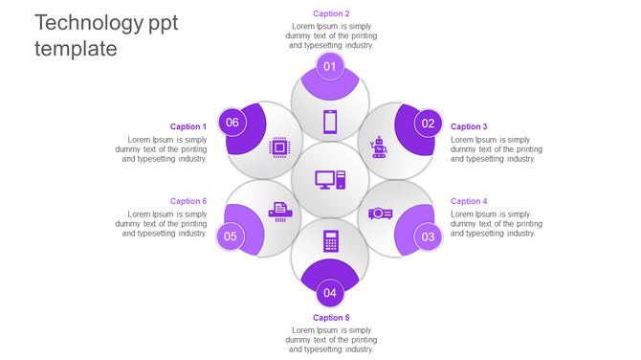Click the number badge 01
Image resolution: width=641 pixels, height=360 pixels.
click(330, 66)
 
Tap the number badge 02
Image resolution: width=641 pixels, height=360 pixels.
click(428, 123)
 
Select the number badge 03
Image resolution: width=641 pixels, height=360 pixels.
click(428, 236)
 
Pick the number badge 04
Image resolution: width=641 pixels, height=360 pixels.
click(330, 293)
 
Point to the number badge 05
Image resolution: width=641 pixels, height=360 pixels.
click(231, 236)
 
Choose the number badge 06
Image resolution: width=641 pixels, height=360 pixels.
click(232, 123)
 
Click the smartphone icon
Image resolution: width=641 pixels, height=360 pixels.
click(330, 122)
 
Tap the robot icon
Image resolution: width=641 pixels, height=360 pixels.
click(379, 146)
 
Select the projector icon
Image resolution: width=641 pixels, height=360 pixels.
click(381, 214)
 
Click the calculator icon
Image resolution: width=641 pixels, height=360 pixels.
click(330, 241)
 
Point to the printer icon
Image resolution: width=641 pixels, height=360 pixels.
click(279, 212)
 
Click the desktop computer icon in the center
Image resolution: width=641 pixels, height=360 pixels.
click(330, 180)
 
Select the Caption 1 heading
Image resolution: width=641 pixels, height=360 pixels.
click(188, 126)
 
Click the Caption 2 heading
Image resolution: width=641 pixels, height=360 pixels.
click(331, 13)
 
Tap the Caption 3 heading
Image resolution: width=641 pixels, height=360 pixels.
click(469, 126)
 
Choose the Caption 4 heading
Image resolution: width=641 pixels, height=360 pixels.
click(469, 201)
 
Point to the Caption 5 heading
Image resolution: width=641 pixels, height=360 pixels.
click(331, 317)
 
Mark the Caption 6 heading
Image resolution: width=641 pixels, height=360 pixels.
click(188, 201)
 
